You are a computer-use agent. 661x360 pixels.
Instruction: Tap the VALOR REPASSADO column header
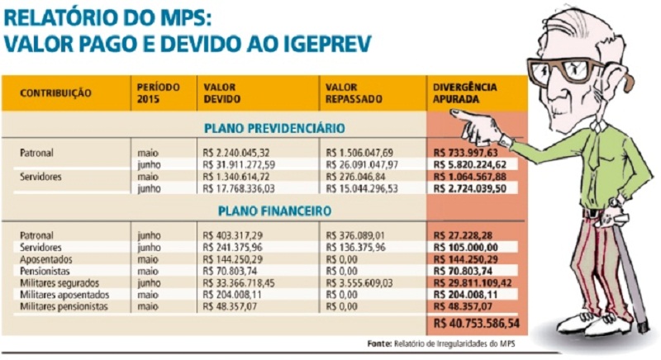354,92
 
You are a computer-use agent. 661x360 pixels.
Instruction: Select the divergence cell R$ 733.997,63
466,153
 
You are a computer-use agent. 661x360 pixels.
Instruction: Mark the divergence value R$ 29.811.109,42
472,282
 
